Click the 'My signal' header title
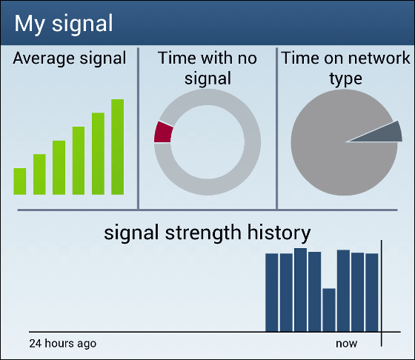[x=64, y=24]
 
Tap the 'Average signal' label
[x=70, y=59]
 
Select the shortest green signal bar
[x=20, y=181]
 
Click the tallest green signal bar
[x=118, y=147]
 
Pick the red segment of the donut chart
[x=163, y=133]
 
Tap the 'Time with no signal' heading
[x=207, y=68]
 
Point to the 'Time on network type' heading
[x=345, y=68]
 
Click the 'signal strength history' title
[x=207, y=233]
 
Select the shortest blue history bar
[x=329, y=310]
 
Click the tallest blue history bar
[x=300, y=290]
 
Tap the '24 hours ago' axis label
[x=63, y=344]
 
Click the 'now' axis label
[x=347, y=344]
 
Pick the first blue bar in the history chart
[x=272, y=293]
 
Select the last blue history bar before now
[x=372, y=293]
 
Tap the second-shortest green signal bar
[x=39, y=175]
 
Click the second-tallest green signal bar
[x=98, y=154]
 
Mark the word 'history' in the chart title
[x=279, y=233]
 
